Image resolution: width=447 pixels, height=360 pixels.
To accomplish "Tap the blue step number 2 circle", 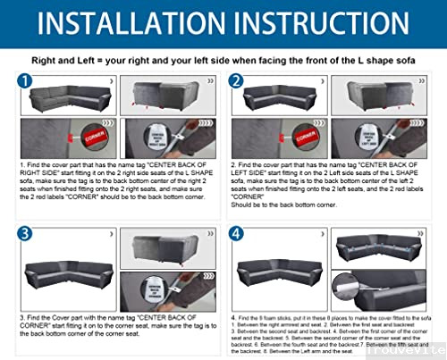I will pos(238,83).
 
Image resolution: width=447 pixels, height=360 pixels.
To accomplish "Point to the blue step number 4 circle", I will pos(238,234).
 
